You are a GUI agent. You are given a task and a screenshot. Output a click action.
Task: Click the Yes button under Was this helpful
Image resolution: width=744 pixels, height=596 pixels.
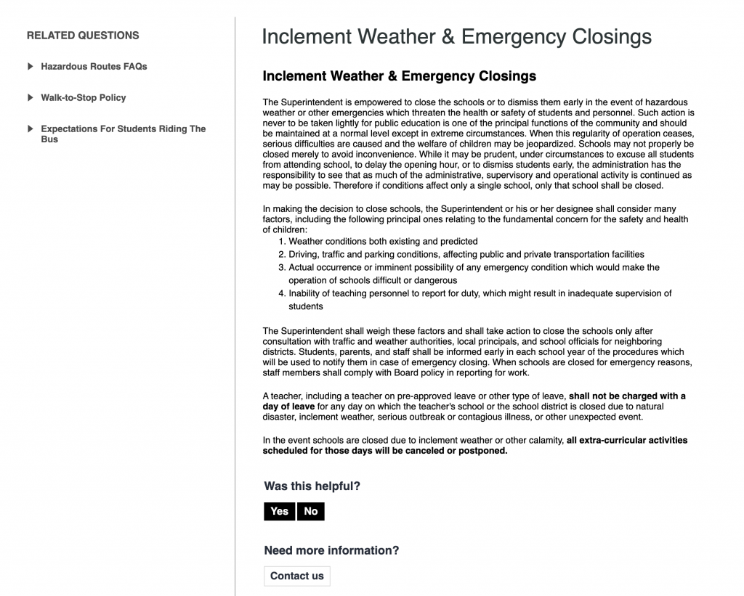click(x=279, y=511)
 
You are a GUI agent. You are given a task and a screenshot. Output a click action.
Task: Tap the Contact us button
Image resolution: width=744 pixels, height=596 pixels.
click(x=296, y=576)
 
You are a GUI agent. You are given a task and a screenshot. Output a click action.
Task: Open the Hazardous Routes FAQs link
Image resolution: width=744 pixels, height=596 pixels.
click(x=94, y=66)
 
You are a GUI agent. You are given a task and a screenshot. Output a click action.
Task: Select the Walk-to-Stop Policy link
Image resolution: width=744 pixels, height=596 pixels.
click(x=84, y=97)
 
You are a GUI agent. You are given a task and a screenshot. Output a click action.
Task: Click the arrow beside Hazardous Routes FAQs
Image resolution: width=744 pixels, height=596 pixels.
click(x=31, y=66)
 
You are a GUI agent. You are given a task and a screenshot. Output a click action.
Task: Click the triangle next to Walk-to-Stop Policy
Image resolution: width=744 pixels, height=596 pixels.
click(x=31, y=97)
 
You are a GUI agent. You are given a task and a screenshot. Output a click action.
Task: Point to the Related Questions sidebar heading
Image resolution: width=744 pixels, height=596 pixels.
click(x=83, y=35)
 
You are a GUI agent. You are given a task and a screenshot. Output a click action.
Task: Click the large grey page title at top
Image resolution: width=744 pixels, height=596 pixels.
click(x=456, y=36)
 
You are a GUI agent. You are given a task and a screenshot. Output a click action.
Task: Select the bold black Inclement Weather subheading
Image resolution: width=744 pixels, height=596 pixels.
click(x=399, y=75)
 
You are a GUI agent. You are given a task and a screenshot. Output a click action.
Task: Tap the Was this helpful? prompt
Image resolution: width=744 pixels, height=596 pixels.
click(x=312, y=486)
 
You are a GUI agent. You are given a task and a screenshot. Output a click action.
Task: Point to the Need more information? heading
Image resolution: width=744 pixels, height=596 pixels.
click(x=331, y=550)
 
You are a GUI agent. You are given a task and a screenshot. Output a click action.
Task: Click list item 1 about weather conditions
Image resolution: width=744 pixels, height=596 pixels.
click(x=383, y=241)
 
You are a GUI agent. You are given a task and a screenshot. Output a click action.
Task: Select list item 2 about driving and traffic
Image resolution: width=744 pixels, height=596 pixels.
click(x=466, y=254)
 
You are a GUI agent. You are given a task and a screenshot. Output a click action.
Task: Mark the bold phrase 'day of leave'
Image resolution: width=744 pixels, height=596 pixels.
click(x=289, y=406)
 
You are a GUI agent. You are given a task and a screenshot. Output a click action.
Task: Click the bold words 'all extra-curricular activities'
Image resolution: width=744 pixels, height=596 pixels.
click(x=626, y=440)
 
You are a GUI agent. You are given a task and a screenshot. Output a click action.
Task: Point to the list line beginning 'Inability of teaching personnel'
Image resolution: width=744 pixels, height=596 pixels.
click(x=480, y=293)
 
